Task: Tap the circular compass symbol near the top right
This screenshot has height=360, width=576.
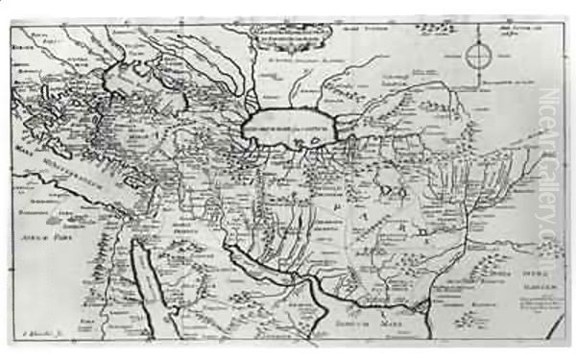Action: (476, 57)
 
